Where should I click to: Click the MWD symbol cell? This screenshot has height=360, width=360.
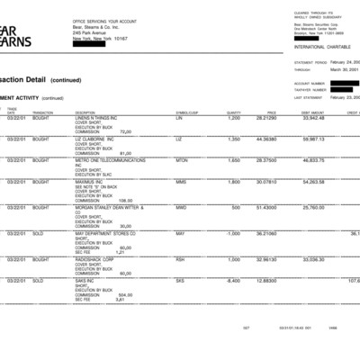point(181,207)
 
